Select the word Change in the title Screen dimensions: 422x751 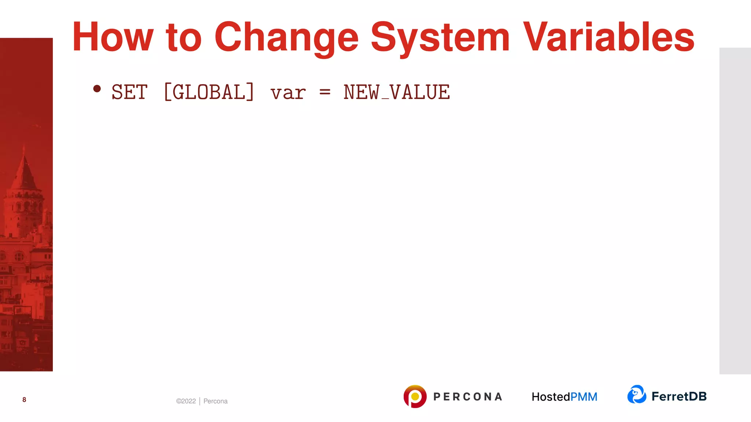coord(286,38)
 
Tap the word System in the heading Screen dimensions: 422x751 coord(440,38)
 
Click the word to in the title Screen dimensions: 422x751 coord(184,38)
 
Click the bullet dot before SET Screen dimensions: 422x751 coord(97,89)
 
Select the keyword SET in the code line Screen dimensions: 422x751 coord(129,92)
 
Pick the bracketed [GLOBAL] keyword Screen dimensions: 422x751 coord(209,92)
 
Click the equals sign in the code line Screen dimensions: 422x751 coord(325,92)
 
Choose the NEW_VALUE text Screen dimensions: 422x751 coord(396,92)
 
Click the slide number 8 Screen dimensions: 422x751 coord(24,400)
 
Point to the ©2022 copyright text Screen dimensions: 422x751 coord(186,401)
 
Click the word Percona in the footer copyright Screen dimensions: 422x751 coord(215,401)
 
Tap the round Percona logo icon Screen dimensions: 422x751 coord(415,396)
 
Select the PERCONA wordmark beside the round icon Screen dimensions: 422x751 coord(468,397)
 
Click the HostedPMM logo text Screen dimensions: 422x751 coord(564,397)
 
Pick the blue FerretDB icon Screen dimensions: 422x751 coord(637,394)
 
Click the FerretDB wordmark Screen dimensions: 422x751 coord(679,396)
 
